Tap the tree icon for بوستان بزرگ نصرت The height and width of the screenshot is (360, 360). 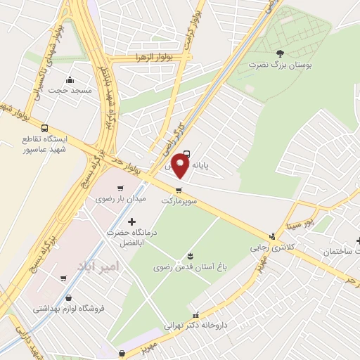pos(280,53)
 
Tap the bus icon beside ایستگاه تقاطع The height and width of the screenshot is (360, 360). pos(45,129)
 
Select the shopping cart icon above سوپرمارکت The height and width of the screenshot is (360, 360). pos(179,189)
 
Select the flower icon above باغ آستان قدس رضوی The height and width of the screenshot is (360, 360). pos(189,254)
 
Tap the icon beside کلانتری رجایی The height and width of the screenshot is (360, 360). pos(272,236)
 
